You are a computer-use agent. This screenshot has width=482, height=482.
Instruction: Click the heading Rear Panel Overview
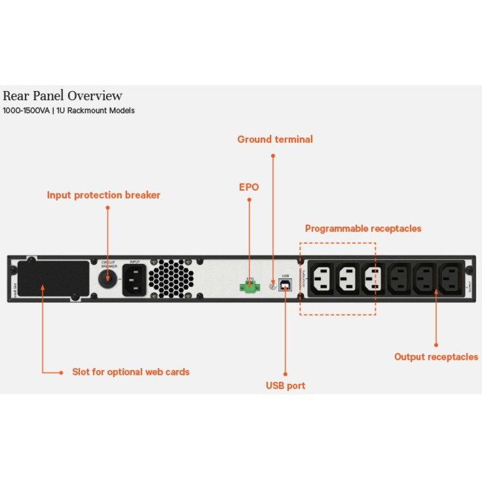63,96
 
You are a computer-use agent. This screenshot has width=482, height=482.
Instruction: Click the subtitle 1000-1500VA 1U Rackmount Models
69,111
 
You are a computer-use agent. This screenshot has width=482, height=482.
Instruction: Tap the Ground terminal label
275,139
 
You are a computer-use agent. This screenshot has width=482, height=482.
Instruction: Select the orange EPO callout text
248,187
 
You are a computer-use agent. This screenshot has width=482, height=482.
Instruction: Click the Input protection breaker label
104,195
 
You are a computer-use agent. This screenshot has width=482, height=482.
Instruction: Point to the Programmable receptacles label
363,229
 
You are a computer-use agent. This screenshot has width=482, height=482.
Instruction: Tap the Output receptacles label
436,357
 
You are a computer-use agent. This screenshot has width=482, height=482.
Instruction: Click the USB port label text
285,385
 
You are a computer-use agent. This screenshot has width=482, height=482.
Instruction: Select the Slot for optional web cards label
130,372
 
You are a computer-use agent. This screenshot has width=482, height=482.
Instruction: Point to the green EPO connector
250,287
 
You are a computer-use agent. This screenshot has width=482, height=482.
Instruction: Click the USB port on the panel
285,287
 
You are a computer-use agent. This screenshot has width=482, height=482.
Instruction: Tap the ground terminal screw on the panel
273,285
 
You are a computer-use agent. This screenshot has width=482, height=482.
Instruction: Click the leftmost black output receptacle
399,279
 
